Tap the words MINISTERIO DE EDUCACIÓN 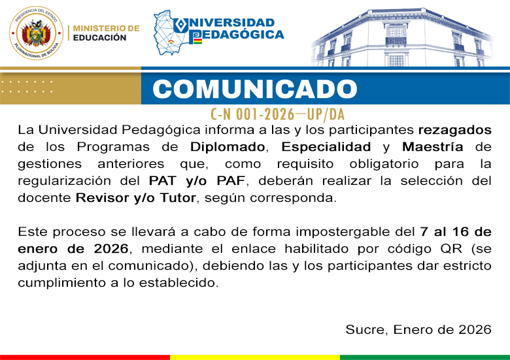(106, 33)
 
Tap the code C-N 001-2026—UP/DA (278, 114)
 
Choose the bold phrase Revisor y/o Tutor (136, 197)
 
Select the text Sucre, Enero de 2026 (418, 330)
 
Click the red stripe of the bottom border (85, 357)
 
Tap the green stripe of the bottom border (425, 357)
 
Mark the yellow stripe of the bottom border (255, 357)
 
